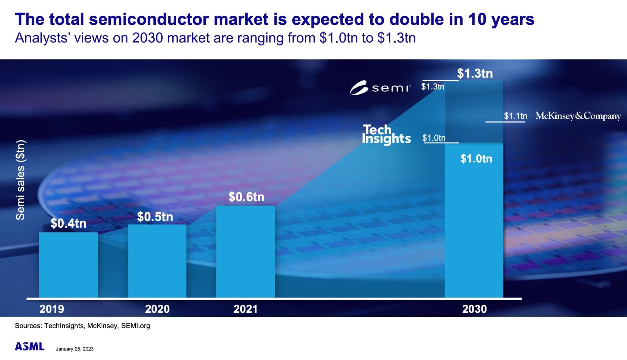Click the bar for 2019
(68, 265)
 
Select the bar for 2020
(157, 261)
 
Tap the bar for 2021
(246, 251)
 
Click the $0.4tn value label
(68, 223)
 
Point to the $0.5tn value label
(155, 217)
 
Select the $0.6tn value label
(246, 197)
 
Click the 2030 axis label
(474, 309)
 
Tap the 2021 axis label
(245, 309)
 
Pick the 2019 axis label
(52, 309)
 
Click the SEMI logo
(380, 88)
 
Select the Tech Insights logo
(386, 135)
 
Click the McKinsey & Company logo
(578, 116)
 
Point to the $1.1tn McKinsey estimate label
(516, 116)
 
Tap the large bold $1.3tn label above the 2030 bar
(475, 74)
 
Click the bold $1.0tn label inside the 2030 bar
(476, 159)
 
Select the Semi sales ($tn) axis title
(21, 180)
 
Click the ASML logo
(30, 347)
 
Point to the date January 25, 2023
(75, 349)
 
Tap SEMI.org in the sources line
(135, 326)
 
